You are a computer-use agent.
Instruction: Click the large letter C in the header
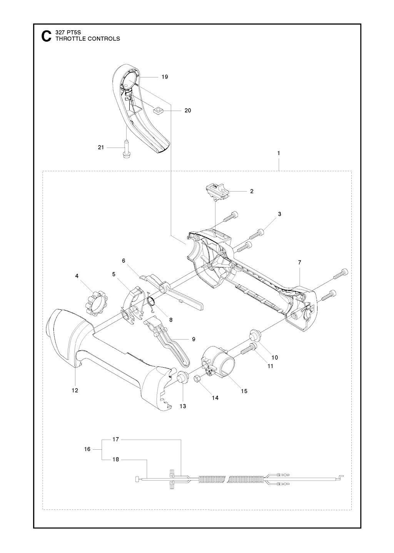click(46, 36)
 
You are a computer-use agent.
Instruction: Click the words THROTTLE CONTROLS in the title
click(88, 39)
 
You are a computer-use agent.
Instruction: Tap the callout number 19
click(165, 77)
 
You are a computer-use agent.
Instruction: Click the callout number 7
click(299, 262)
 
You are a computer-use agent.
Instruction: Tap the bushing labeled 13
click(183, 383)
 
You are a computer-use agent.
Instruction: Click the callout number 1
click(279, 153)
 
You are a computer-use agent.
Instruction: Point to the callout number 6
click(124, 261)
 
